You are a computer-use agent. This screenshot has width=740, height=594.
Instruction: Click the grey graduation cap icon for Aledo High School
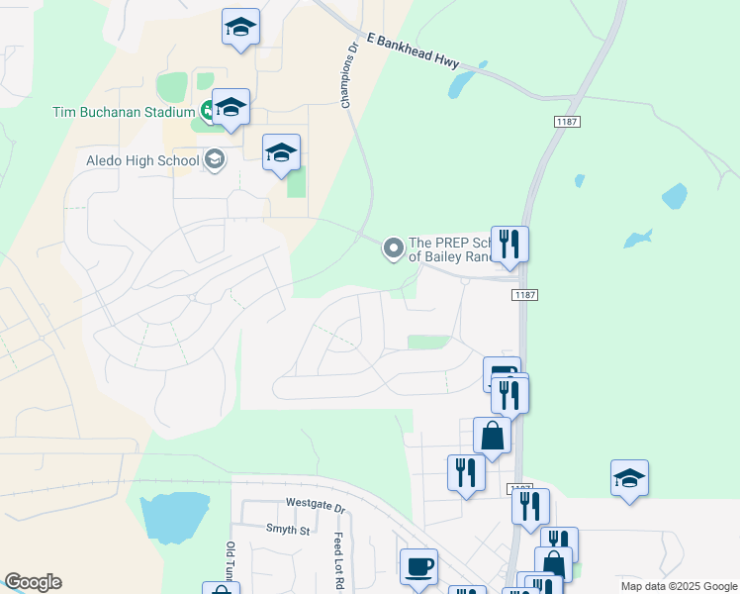click(x=214, y=159)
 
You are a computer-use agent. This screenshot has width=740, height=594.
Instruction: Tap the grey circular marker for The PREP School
click(x=394, y=248)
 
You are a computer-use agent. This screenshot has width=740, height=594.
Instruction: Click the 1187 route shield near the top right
click(x=567, y=121)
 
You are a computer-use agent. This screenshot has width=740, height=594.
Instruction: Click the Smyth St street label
click(x=288, y=531)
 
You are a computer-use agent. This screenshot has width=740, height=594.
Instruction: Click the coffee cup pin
click(x=418, y=566)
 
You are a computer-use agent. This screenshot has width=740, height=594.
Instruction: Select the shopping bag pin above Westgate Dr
click(x=492, y=436)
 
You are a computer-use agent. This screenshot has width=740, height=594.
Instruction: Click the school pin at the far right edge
click(x=629, y=478)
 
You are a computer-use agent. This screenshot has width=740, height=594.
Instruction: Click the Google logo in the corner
click(x=33, y=583)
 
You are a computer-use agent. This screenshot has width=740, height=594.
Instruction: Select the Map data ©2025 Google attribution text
click(x=678, y=586)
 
